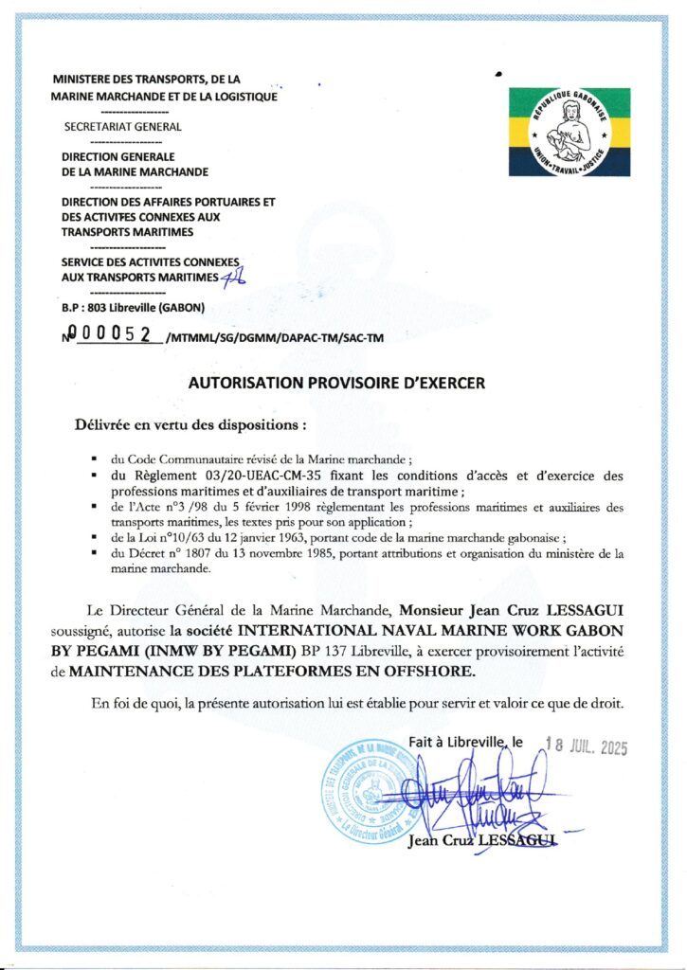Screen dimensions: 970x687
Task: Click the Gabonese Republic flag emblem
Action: [569, 133]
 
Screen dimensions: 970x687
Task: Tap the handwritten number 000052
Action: [117, 336]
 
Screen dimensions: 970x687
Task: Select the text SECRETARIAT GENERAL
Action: [121, 125]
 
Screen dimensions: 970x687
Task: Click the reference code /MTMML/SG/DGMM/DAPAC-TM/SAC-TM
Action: [275, 338]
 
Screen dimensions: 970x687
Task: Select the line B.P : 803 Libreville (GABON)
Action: [134, 308]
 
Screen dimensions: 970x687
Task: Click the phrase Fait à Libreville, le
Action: [465, 742]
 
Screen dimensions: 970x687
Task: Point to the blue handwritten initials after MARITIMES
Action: [232, 276]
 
